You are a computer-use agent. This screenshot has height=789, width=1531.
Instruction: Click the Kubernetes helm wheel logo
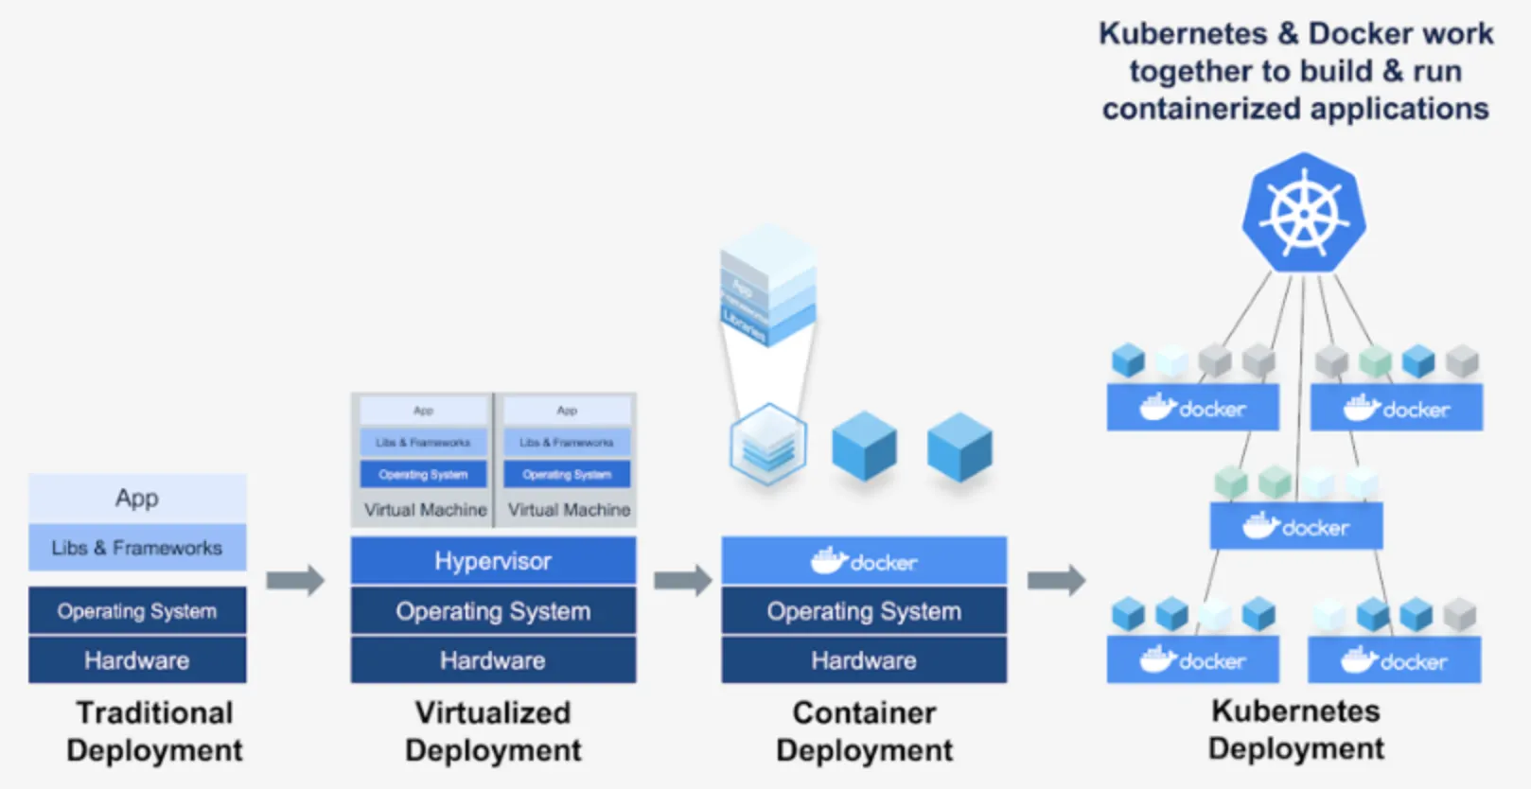pyautogui.click(x=1304, y=213)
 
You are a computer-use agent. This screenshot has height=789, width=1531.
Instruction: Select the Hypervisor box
pyautogui.click(x=493, y=561)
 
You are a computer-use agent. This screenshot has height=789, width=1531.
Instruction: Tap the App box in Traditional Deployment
pyautogui.click(x=137, y=498)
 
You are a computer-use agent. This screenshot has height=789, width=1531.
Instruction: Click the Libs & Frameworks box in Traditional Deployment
pyautogui.click(x=137, y=548)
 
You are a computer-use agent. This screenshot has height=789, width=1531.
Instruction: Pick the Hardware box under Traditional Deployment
pyautogui.click(x=137, y=660)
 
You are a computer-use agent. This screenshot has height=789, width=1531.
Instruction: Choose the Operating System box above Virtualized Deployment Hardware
pyautogui.click(x=493, y=611)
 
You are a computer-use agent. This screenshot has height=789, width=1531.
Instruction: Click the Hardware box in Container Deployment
pyautogui.click(x=864, y=660)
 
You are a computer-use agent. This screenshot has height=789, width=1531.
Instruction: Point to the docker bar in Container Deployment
pyautogui.click(x=864, y=561)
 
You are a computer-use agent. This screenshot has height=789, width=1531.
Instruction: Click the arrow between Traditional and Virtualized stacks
pyautogui.click(x=295, y=580)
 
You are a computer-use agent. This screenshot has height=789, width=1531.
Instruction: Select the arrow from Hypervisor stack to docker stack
pyautogui.click(x=682, y=580)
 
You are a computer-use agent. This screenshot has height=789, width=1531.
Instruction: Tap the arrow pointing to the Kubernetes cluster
pyautogui.click(x=1056, y=580)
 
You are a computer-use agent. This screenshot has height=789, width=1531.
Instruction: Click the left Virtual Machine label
pyautogui.click(x=425, y=510)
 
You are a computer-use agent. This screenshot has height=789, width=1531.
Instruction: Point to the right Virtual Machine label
pyautogui.click(x=569, y=510)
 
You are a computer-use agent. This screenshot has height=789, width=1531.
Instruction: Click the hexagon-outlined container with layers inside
pyautogui.click(x=768, y=444)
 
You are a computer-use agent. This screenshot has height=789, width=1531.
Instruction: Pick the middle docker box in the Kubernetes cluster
pyautogui.click(x=1296, y=527)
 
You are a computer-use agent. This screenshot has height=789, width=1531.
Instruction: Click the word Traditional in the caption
pyautogui.click(x=154, y=712)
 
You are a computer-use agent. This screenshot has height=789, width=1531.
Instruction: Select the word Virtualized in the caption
pyautogui.click(x=493, y=712)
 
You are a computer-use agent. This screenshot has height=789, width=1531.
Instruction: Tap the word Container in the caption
pyautogui.click(x=864, y=712)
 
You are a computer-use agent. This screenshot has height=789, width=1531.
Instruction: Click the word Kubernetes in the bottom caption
pyautogui.click(x=1295, y=710)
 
